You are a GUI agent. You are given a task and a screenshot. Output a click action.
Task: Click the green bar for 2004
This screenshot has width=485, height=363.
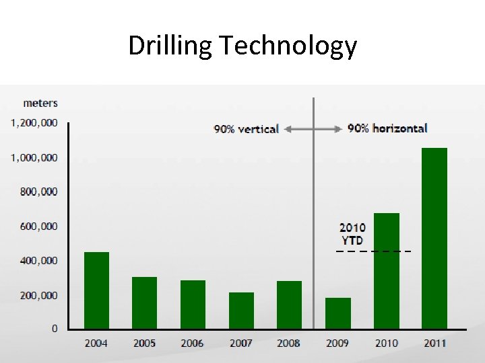tap(96, 290)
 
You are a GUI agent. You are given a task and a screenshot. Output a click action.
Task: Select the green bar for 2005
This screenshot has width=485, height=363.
tap(144, 302)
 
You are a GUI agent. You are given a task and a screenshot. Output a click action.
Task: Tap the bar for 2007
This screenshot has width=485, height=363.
tap(241, 311)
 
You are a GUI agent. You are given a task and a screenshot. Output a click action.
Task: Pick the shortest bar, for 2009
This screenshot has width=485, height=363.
tap(337, 313)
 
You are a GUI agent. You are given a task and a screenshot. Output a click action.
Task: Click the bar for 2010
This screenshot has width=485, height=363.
tap(386, 271)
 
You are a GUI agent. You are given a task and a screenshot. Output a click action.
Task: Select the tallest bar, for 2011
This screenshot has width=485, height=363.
tap(434, 239)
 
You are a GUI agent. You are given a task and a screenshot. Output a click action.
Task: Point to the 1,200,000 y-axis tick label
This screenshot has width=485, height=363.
tap(34, 123)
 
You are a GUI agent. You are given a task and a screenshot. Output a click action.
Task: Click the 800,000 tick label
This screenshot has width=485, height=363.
tap(38, 192)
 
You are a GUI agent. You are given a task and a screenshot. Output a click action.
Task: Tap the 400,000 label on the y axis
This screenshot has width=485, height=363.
tap(38, 260)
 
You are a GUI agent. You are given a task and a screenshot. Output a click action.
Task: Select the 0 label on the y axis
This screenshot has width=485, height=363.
tap(55, 329)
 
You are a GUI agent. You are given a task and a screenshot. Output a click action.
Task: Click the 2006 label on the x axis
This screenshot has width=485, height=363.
tap(192, 344)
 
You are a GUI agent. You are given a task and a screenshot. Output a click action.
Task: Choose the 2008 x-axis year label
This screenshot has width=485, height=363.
tap(288, 344)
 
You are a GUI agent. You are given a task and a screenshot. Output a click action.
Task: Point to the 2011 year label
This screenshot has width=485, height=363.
tap(434, 344)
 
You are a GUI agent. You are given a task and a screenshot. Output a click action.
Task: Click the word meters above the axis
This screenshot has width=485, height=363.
tap(40, 103)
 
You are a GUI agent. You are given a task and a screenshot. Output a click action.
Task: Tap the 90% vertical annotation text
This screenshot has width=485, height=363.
tap(246, 129)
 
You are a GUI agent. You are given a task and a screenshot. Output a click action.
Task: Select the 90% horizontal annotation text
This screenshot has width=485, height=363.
tap(387, 128)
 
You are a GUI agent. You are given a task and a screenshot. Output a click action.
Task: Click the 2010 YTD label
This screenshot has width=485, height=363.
tap(352, 234)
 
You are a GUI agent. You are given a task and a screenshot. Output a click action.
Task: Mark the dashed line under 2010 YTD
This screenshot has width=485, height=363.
tap(373, 251)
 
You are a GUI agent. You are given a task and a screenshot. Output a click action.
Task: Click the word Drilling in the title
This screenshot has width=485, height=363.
tap(170, 46)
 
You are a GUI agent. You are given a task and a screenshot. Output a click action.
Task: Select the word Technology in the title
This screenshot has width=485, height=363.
tap(288, 46)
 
